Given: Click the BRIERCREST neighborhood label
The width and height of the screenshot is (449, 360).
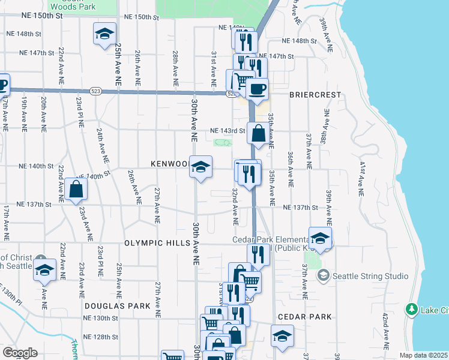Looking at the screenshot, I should click(315, 95).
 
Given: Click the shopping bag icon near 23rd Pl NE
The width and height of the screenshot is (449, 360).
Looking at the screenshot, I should click(77, 189).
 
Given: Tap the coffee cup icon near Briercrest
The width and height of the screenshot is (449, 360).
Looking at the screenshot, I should click(257, 89).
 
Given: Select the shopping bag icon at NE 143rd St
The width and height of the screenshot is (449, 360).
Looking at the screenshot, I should click(258, 134).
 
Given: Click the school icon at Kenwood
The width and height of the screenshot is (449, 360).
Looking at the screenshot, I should click(201, 166).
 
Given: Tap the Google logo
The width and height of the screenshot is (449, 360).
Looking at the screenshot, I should click(20, 353).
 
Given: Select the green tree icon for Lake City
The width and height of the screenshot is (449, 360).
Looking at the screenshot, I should click(412, 310).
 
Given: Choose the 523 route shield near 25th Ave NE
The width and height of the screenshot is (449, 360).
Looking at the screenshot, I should click(95, 91).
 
